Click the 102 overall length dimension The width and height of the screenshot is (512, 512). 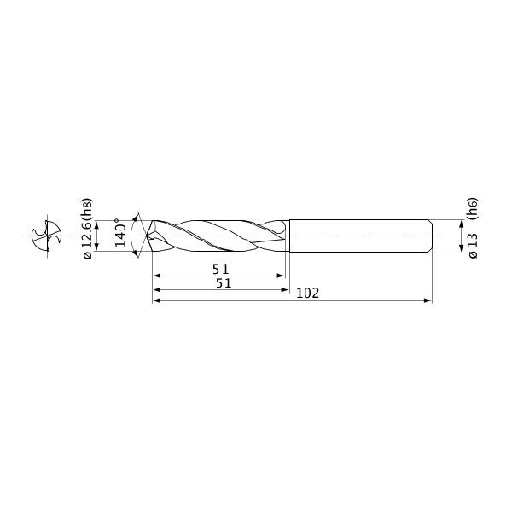click(x=307, y=294)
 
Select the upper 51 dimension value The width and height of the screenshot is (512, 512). click(x=221, y=270)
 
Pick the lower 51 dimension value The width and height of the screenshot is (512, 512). click(x=224, y=283)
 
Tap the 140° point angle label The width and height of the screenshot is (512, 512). click(x=121, y=233)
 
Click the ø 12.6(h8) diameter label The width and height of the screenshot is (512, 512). click(x=88, y=229)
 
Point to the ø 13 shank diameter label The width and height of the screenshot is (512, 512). click(x=473, y=246)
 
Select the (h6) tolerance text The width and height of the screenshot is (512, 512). click(x=473, y=208)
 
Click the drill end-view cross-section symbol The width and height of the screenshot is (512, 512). click(x=47, y=236)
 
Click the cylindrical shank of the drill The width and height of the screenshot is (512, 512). click(x=359, y=236)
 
